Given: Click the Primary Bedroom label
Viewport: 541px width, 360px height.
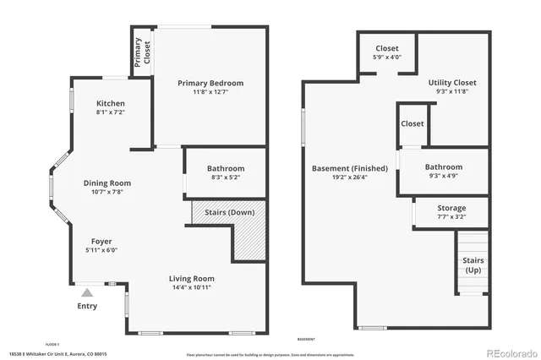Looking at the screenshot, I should pos(210,83).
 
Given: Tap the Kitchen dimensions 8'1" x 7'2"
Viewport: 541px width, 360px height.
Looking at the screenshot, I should pos(111,112).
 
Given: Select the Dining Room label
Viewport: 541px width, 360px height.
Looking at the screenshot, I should pos(107,183).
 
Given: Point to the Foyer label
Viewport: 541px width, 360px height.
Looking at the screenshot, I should pos(101,241).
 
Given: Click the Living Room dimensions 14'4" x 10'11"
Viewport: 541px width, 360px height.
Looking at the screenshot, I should pos(192,287).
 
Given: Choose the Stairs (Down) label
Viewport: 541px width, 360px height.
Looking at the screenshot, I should pos(225,211).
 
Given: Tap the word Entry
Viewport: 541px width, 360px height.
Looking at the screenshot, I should pos(87,306).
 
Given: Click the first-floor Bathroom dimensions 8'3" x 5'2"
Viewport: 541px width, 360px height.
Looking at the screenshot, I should pos(226,177).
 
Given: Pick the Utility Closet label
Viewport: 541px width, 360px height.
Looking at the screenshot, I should pos(452,83).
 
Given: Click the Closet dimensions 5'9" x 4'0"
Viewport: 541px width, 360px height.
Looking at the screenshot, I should pos(387,57).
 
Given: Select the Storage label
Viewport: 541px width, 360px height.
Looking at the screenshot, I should pos(451,208).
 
